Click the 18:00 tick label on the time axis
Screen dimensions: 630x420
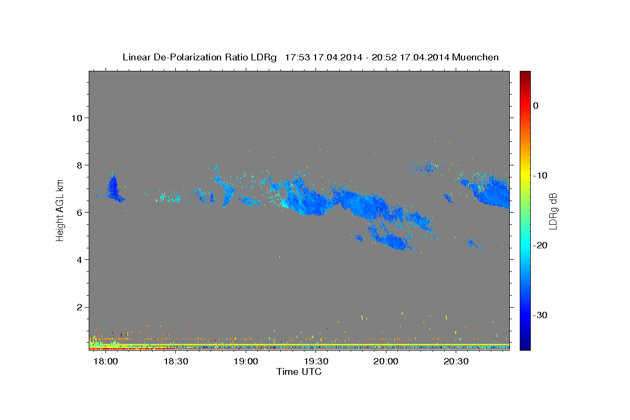(106, 361)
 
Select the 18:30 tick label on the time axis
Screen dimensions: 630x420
(176, 361)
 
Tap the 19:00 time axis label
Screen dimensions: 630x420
(246, 361)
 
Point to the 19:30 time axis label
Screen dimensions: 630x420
(316, 361)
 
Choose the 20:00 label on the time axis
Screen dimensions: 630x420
(386, 361)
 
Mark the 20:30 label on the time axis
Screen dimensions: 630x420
(456, 361)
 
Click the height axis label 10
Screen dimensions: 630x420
(77, 118)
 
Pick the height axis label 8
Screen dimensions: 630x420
(80, 165)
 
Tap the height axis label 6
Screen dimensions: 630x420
(80, 213)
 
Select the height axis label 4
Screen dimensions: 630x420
(80, 260)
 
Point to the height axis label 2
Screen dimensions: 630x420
(80, 307)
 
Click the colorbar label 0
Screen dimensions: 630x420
(536, 106)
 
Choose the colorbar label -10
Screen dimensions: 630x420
(540, 175)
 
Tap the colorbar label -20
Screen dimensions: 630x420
(540, 245)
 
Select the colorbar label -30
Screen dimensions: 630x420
(540, 315)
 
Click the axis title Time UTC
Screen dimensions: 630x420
(299, 372)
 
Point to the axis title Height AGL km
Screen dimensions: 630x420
(60, 211)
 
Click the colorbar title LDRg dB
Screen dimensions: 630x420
(553, 211)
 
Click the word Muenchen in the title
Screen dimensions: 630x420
(475, 57)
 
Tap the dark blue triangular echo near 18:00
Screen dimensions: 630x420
(113, 188)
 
